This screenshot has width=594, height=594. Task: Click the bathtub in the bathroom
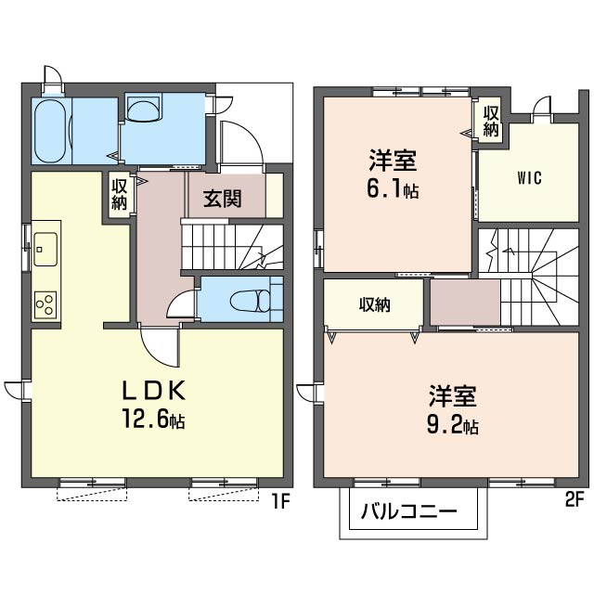click(51, 131)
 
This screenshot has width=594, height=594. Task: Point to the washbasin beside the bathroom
click(145, 111)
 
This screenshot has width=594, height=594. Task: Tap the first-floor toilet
click(252, 301)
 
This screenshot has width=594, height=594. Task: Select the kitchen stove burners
click(45, 302)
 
